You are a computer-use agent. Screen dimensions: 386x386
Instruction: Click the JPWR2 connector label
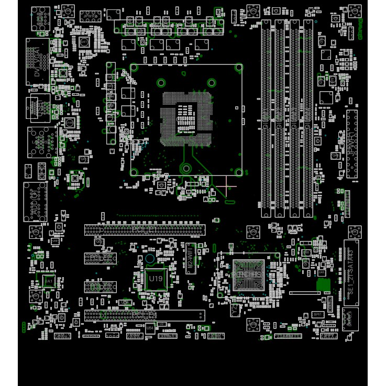(x=91, y=16)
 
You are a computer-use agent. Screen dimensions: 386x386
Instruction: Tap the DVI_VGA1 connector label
(x=38, y=62)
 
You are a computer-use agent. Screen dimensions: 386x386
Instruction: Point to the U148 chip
(x=69, y=123)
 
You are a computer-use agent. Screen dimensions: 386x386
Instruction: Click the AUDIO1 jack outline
(x=35, y=201)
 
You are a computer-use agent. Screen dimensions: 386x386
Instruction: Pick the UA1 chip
(x=49, y=282)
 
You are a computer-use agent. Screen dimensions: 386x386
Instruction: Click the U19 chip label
(x=156, y=279)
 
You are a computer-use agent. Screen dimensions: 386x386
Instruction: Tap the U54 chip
(x=150, y=328)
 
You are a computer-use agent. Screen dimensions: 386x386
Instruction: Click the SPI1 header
(x=317, y=314)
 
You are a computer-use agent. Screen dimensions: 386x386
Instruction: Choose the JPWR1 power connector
(x=351, y=144)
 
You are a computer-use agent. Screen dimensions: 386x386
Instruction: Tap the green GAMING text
(x=360, y=29)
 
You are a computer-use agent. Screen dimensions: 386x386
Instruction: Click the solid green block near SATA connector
(x=324, y=284)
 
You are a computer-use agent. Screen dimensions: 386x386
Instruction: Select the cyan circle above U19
(x=150, y=259)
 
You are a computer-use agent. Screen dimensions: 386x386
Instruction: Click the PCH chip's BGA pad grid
(x=248, y=274)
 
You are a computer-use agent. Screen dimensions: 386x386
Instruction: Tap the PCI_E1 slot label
(x=145, y=229)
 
